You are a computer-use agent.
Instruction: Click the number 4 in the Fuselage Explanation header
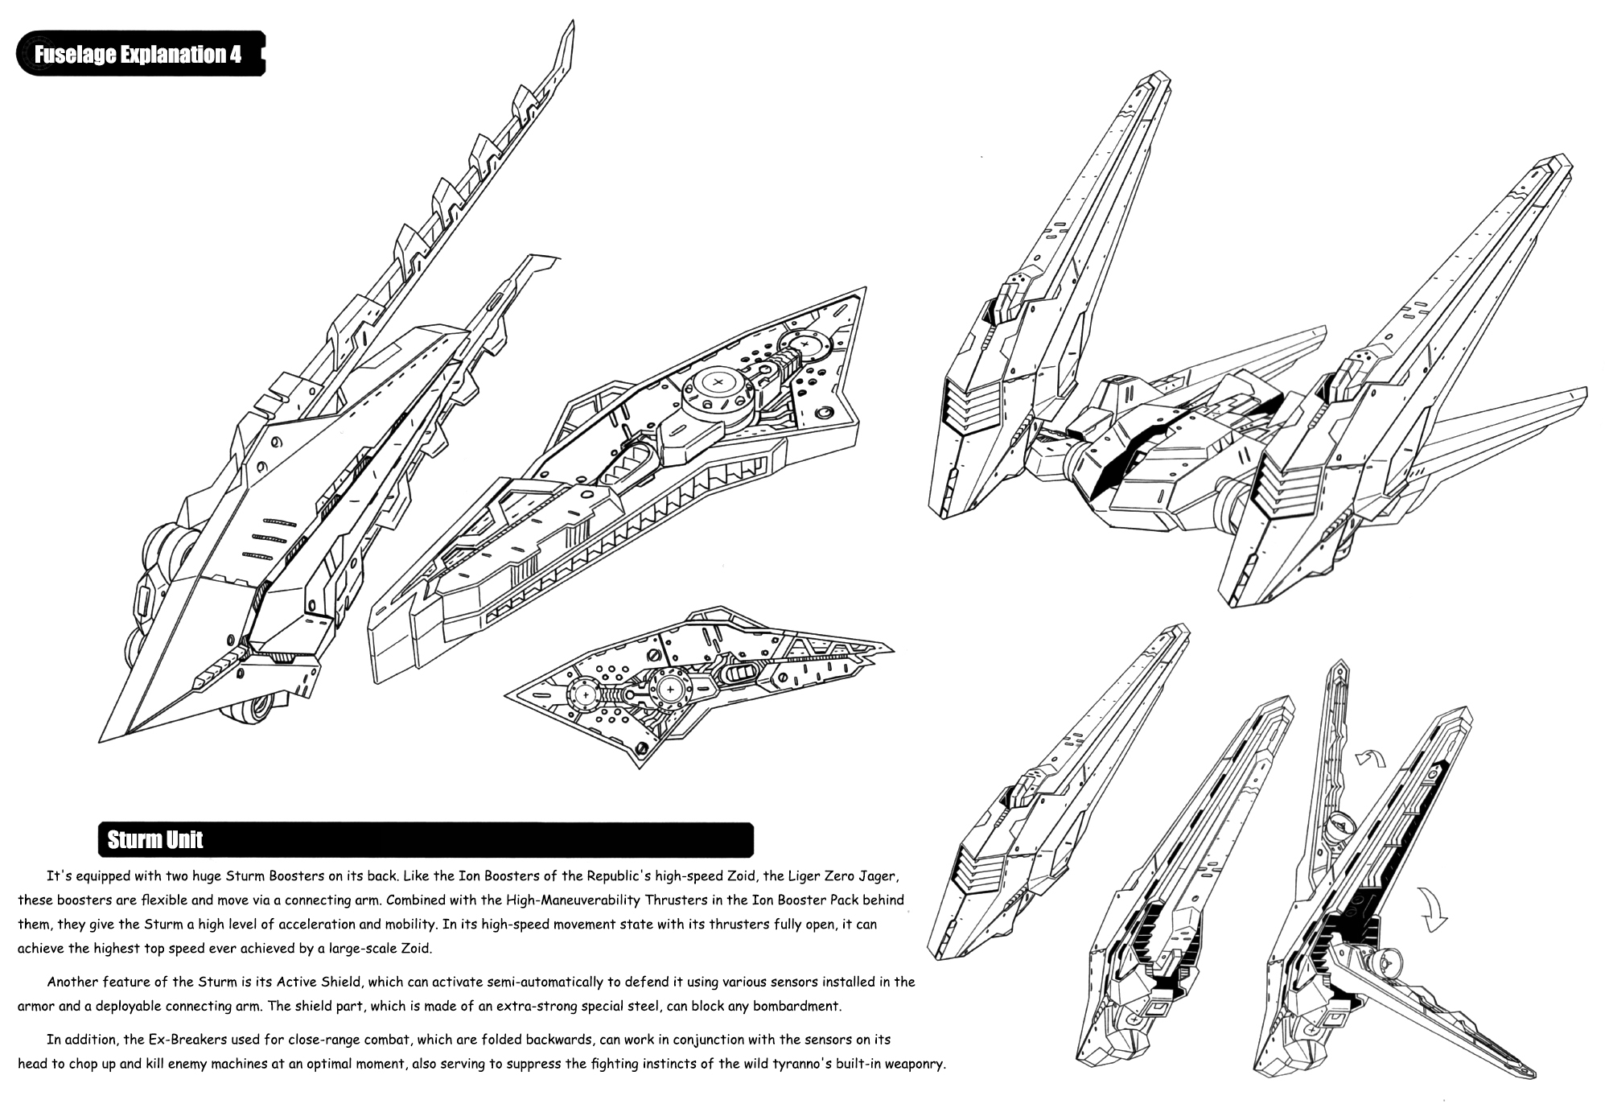(235, 55)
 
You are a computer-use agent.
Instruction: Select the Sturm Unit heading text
(154, 840)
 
